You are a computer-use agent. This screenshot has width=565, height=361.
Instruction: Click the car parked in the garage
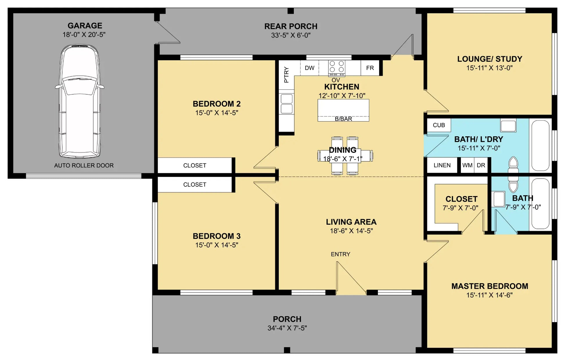click(80, 101)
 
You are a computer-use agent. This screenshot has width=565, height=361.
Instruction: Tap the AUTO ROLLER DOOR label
click(84, 166)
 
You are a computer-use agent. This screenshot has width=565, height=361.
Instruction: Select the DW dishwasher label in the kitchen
click(310, 68)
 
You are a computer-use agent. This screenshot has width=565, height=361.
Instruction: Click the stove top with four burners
click(337, 68)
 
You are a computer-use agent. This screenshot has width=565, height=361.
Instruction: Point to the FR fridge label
click(370, 68)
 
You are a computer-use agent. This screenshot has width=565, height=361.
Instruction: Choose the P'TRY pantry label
click(286, 75)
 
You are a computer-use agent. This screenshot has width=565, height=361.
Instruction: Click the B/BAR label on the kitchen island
click(343, 119)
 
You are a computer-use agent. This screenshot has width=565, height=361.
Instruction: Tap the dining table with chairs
click(345, 156)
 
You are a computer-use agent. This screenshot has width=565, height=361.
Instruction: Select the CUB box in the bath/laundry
click(439, 125)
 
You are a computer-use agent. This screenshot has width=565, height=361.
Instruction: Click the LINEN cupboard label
click(442, 165)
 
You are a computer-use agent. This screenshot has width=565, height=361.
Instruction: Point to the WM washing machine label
click(467, 165)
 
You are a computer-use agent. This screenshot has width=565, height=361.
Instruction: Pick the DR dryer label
click(481, 165)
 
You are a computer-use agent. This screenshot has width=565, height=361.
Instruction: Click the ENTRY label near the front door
click(341, 254)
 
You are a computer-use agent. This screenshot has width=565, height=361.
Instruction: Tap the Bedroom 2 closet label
click(195, 166)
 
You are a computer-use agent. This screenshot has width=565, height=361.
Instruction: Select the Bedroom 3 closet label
click(195, 185)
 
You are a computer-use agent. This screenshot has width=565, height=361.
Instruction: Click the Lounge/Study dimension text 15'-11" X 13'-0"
click(490, 68)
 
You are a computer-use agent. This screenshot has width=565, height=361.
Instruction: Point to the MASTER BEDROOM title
click(490, 286)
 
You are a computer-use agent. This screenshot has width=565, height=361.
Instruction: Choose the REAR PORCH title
click(291, 26)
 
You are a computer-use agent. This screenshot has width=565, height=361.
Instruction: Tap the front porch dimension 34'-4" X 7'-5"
click(287, 328)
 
